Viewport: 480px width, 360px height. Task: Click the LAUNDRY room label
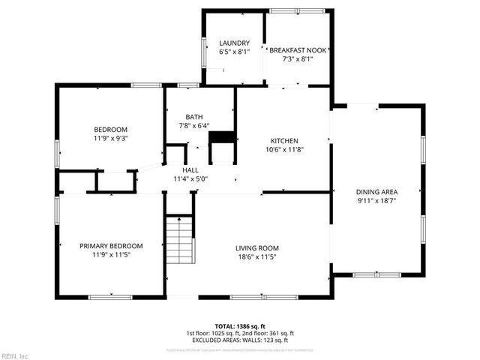point(233,43)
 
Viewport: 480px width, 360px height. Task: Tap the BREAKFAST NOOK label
point(297,49)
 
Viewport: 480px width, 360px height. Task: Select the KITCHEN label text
point(285,140)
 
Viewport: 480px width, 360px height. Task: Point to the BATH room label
point(194,117)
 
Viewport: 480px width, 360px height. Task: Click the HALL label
point(190,171)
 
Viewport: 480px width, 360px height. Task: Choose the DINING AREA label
point(376,192)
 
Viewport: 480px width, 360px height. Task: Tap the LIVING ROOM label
point(257,248)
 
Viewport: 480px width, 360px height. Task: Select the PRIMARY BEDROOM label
point(111,245)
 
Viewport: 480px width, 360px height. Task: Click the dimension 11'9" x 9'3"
point(110,138)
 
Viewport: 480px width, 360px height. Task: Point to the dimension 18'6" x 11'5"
point(257,257)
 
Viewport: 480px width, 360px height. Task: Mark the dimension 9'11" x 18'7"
point(376,200)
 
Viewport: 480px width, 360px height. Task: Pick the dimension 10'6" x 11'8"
point(285,148)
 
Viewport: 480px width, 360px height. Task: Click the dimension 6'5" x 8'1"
point(233,52)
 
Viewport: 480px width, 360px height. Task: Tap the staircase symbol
point(179,239)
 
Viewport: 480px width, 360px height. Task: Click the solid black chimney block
point(221,137)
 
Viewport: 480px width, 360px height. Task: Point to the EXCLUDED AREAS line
point(240,340)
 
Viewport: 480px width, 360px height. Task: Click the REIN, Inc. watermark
point(14,355)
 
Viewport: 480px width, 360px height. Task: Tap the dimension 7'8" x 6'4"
point(194,126)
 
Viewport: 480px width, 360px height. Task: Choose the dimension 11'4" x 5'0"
point(190,179)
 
